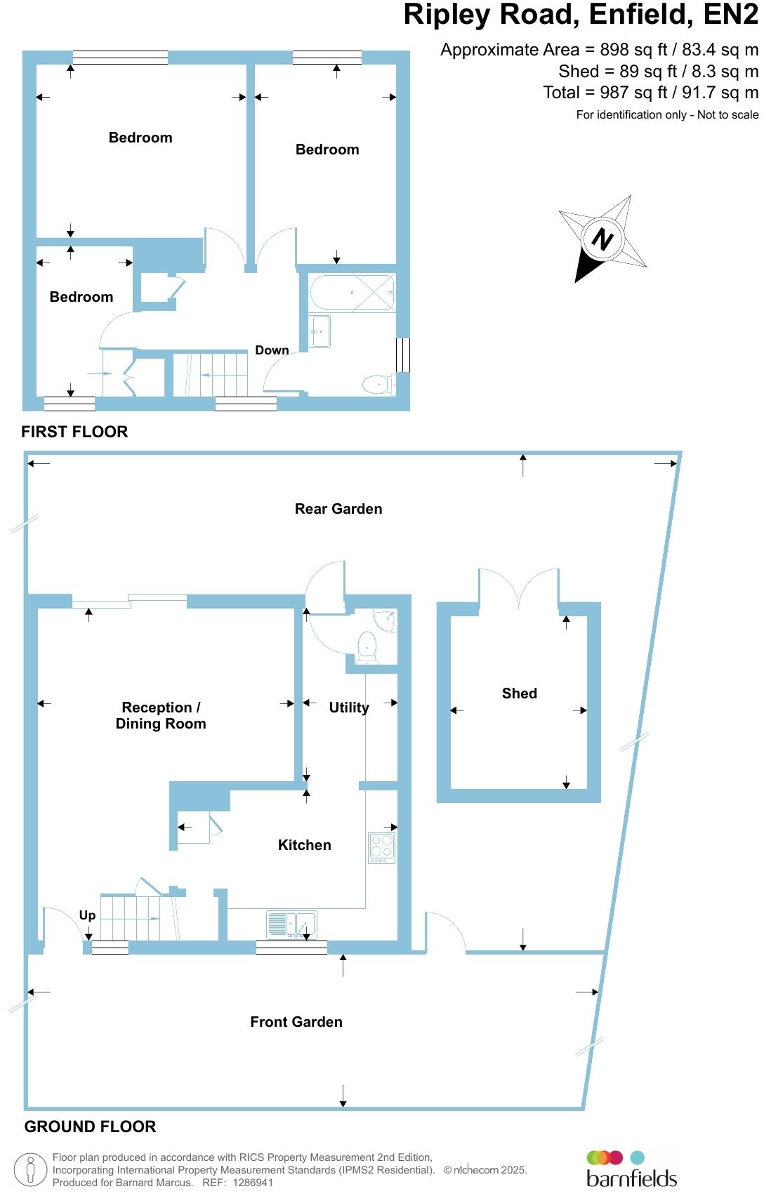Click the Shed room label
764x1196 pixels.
519,693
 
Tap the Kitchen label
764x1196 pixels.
305,844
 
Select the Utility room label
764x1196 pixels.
349,707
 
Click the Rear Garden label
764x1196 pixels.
338,509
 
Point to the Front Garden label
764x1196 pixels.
296,1021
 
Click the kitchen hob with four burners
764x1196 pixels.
381,848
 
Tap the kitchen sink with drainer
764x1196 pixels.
291,924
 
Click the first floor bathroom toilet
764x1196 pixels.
378,383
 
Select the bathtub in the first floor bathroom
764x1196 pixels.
353,292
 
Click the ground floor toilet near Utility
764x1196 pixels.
367,647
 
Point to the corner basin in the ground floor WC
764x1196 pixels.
386,621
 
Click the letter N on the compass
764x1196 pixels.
602,239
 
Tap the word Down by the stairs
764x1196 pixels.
272,350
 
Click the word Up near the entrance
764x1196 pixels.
87,915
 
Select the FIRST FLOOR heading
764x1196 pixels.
74,432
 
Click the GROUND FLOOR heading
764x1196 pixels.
91,1126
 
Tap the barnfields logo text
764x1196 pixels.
631,1178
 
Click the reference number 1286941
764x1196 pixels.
253,1183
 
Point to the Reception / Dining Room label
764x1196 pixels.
161,715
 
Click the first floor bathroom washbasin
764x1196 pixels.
320,331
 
